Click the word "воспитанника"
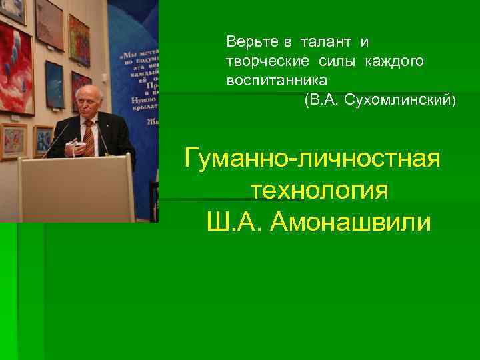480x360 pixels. click(x=277, y=81)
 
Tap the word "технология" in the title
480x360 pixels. click(x=319, y=191)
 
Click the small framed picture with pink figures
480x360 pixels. click(x=13, y=141)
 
